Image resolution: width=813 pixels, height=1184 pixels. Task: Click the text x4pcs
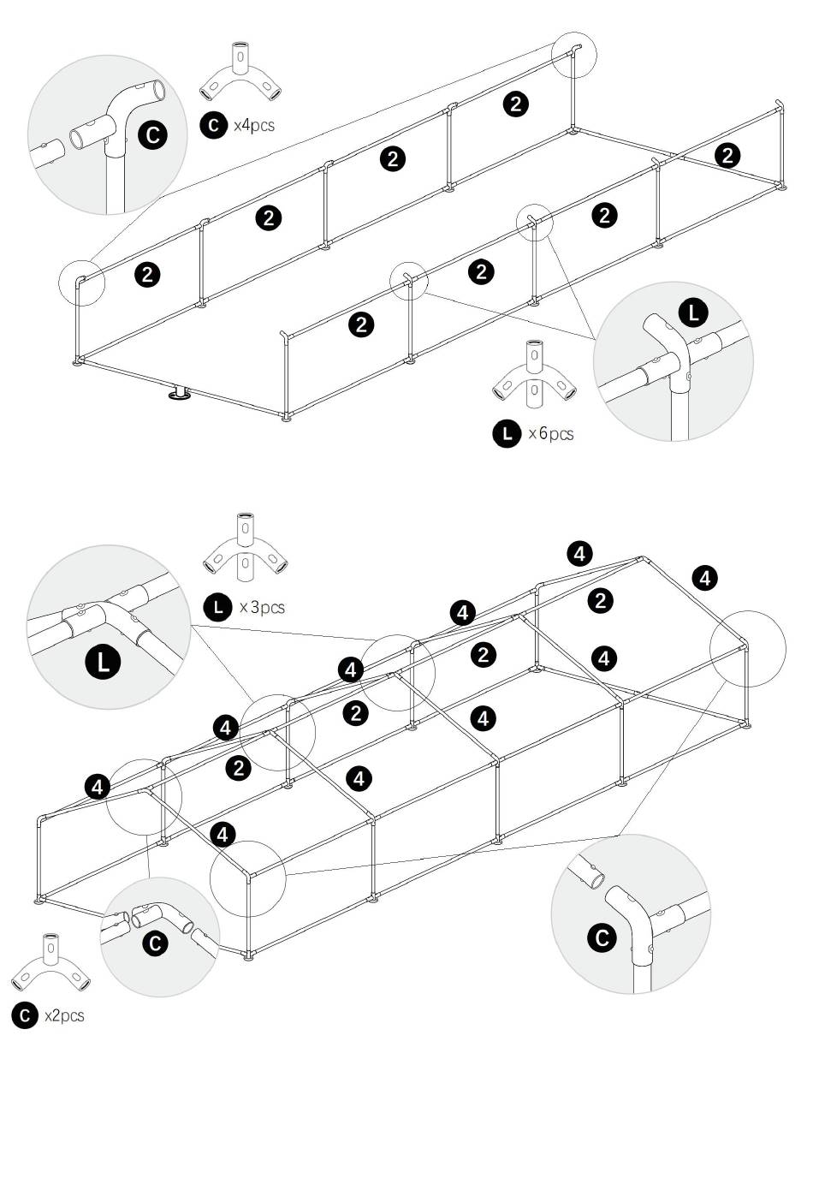[254, 126]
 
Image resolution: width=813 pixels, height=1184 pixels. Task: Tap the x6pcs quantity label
[551, 434]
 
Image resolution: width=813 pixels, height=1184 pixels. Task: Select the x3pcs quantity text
[262, 607]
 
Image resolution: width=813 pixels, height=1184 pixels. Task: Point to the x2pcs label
[64, 1016]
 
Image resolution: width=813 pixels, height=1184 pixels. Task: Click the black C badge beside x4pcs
[214, 126]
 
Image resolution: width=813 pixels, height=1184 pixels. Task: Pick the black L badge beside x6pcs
[507, 434]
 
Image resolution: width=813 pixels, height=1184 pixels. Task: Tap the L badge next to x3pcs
[217, 607]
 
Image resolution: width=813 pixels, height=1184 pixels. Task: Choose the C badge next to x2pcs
[25, 1015]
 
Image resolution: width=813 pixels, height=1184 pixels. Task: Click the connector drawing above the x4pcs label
[240, 73]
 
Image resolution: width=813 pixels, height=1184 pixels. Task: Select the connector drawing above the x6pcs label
[534, 375]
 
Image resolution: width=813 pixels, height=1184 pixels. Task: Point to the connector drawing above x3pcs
[245, 548]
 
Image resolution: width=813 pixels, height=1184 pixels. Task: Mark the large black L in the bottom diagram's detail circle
[104, 662]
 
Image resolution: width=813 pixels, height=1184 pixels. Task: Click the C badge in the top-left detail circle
[152, 134]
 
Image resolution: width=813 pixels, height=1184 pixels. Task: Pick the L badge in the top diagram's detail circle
[693, 313]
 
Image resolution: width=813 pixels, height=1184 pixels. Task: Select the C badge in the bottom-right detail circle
[602, 937]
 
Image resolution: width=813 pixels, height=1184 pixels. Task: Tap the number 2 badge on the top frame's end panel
[727, 156]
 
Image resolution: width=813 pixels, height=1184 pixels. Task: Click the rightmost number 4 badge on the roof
[705, 578]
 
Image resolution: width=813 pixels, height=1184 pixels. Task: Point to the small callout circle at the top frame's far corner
[573, 55]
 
